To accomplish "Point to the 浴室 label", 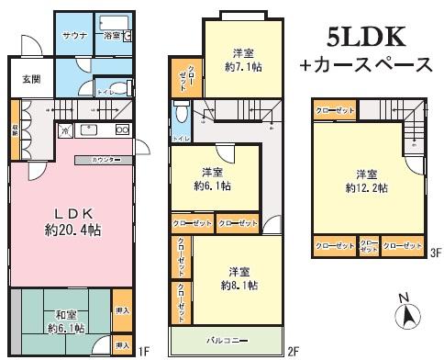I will (110, 36).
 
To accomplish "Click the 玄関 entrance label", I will (31, 79).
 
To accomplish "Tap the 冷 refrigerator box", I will (64, 130).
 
